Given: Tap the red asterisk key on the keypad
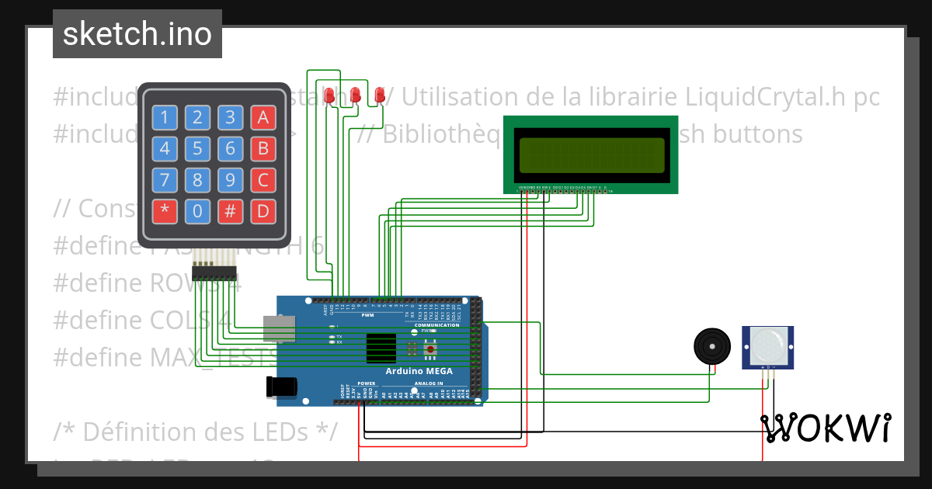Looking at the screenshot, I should point(165,210).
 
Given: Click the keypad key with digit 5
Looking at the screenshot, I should point(197,148).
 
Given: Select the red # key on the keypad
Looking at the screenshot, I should point(231,210).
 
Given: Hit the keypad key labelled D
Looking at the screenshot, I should point(263,210).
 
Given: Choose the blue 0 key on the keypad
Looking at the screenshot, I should point(197,210).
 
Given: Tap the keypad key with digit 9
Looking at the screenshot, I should point(231,180).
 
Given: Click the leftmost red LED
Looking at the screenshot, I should point(329,95).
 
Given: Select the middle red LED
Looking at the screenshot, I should point(355,95).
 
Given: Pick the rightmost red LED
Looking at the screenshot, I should point(380,95).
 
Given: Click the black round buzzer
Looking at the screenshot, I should point(712,345).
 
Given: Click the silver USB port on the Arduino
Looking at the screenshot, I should point(279,328).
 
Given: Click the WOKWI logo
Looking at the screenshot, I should point(825,428).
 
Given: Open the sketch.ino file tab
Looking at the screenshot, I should point(137,33).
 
